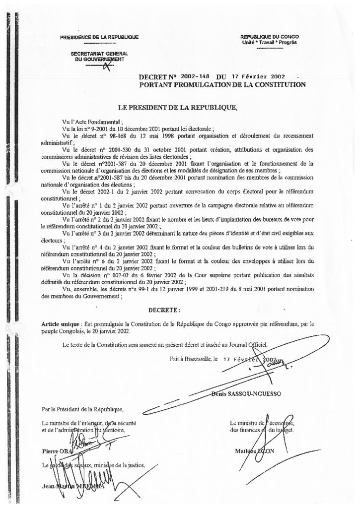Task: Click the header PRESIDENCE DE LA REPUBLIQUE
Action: coord(98,38)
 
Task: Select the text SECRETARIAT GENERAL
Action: coord(98,53)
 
